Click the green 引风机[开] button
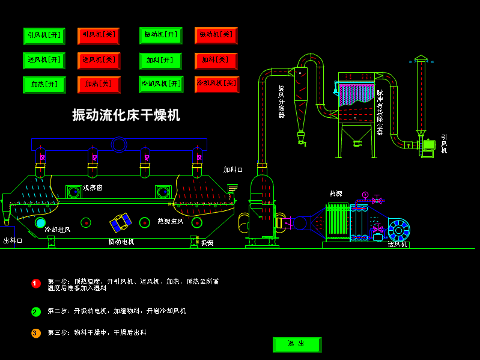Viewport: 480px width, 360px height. coord(44,36)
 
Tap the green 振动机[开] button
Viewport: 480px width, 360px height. coord(160,35)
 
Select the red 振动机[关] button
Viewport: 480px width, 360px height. coord(216,35)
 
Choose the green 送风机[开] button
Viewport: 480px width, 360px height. coord(44,61)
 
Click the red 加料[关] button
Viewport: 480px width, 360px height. coord(216,61)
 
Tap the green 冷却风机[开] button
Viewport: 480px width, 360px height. coord(161,84)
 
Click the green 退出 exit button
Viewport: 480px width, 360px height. coord(297,344)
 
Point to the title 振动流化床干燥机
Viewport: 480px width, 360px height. coord(126,115)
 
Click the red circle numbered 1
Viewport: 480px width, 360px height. coord(36,284)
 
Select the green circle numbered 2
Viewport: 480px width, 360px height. coord(36,311)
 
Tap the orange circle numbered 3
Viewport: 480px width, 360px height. coord(36,333)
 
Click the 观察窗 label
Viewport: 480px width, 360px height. coord(93,188)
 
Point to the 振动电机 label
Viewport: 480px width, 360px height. coord(121,242)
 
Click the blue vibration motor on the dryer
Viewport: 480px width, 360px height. coord(120,222)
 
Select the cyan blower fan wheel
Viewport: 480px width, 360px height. coord(398,230)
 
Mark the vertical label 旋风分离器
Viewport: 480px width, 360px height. coord(281,101)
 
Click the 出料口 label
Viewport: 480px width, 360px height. coord(13,241)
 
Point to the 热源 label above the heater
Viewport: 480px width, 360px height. coord(335,194)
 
